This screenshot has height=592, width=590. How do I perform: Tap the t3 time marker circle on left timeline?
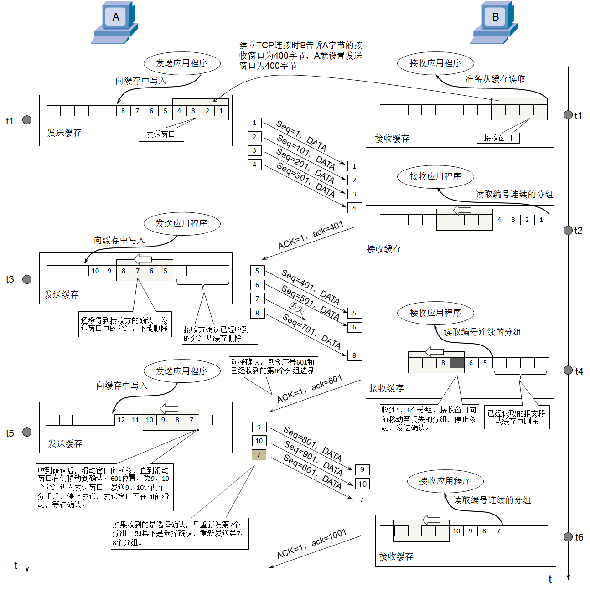click(x=27, y=279)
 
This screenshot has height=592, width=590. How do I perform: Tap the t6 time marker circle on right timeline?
click(x=568, y=537)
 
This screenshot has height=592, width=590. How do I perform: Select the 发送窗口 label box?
click(x=161, y=134)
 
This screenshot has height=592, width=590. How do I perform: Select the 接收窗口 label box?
click(x=497, y=138)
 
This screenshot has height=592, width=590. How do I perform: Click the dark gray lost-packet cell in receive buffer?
click(x=457, y=363)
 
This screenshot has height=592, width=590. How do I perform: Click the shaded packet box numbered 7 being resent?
click(x=259, y=454)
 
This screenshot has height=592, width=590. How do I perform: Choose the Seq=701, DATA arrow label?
click(x=311, y=331)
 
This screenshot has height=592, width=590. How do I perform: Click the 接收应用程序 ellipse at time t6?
click(x=445, y=481)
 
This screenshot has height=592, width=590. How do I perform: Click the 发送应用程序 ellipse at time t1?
click(x=181, y=63)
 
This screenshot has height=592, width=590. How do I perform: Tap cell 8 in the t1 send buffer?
click(x=123, y=111)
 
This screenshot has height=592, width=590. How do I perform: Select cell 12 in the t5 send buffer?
click(x=121, y=420)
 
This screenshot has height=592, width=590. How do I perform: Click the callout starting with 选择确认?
click(x=273, y=366)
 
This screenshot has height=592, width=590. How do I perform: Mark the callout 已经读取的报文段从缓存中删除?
click(x=516, y=417)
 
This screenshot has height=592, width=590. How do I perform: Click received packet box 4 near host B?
click(x=354, y=208)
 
